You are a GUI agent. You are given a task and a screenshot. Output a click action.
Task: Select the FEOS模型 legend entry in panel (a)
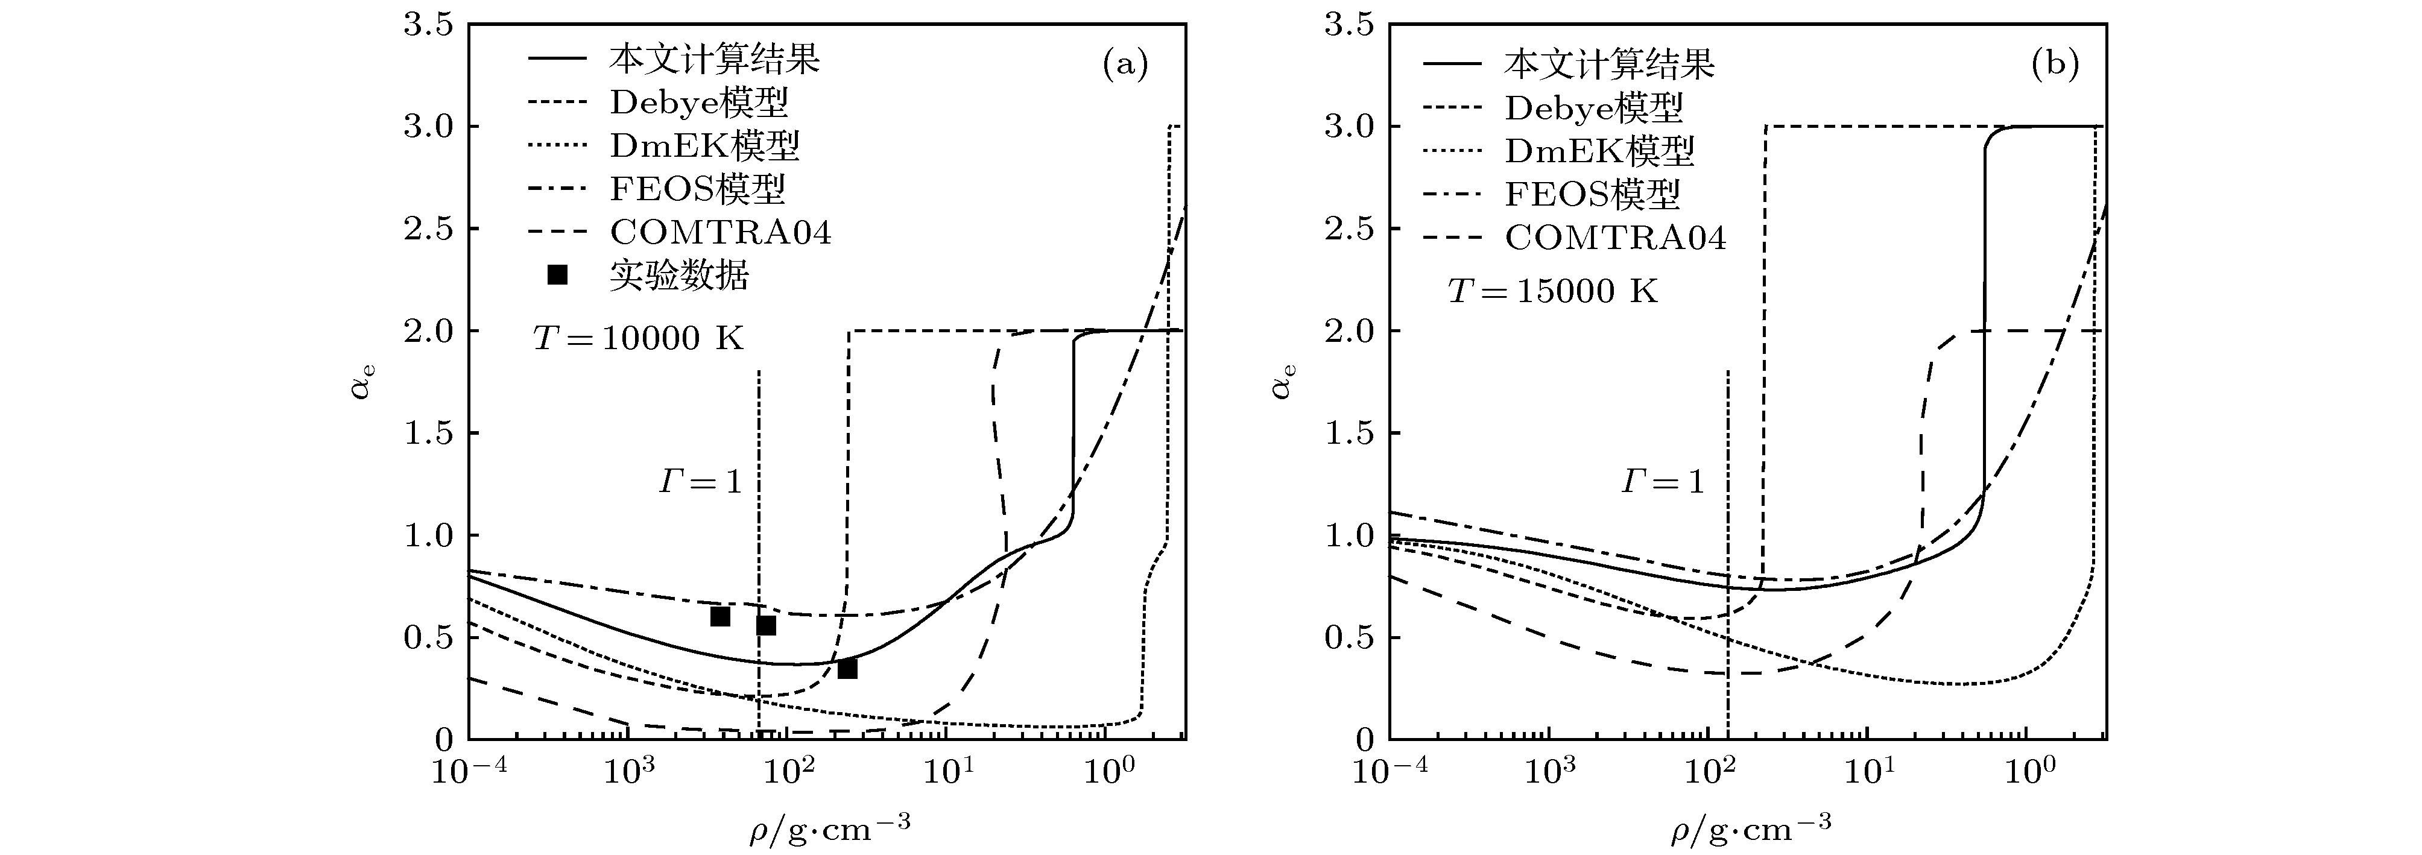(697, 189)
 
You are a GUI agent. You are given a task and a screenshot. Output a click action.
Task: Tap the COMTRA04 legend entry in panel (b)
(1614, 238)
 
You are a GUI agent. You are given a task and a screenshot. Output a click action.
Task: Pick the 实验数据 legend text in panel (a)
(679, 276)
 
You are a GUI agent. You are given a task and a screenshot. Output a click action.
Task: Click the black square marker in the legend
(557, 274)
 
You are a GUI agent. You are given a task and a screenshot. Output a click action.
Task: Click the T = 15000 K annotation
(1552, 291)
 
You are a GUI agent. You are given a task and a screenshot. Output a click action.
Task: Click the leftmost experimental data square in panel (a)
(720, 616)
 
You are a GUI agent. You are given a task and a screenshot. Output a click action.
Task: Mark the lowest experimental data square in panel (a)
(847, 668)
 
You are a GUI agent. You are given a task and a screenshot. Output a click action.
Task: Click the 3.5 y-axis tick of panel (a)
(429, 25)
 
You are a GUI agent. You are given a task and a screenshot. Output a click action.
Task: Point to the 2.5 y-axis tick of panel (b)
(1349, 229)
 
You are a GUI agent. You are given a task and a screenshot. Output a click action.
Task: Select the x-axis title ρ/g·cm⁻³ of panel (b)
(1751, 827)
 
